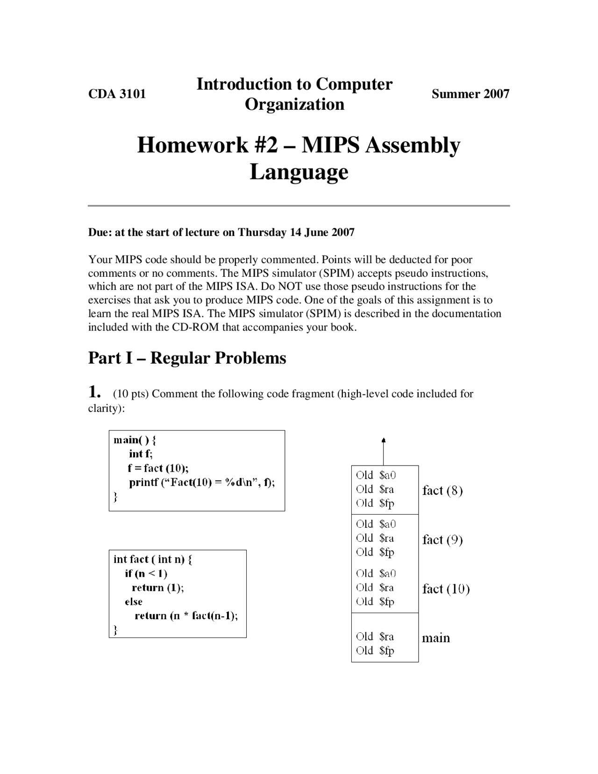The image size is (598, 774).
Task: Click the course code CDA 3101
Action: click(117, 94)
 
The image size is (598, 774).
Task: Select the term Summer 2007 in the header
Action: click(470, 94)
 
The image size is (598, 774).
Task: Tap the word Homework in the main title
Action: click(192, 145)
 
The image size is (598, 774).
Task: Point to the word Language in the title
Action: click(299, 172)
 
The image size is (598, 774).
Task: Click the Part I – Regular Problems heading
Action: click(187, 358)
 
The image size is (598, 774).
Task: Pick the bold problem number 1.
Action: click(94, 392)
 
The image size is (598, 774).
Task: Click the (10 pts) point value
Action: click(131, 394)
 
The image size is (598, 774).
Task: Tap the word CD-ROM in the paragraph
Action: click(196, 327)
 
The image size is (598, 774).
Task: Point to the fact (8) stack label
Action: click(442, 490)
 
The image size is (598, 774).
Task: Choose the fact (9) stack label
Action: click(442, 540)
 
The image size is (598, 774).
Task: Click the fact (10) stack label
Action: click(445, 589)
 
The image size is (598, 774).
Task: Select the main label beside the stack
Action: click(436, 638)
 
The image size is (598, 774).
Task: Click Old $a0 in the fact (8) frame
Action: click(376, 475)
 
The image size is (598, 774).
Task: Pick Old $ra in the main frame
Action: click(375, 637)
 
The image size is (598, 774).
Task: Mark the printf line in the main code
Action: click(202, 482)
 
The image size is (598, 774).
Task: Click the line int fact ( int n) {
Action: click(153, 559)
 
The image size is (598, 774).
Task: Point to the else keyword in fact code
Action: click(134, 602)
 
